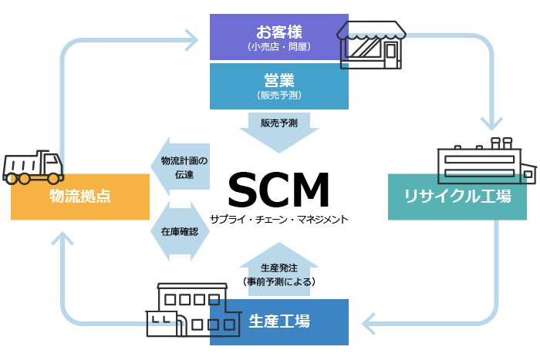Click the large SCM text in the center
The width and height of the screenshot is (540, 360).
(x=278, y=189)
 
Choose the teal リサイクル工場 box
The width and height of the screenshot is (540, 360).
(x=457, y=197)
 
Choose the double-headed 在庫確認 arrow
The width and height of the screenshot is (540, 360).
(x=180, y=231)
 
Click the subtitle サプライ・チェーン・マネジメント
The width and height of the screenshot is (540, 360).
(x=279, y=219)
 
